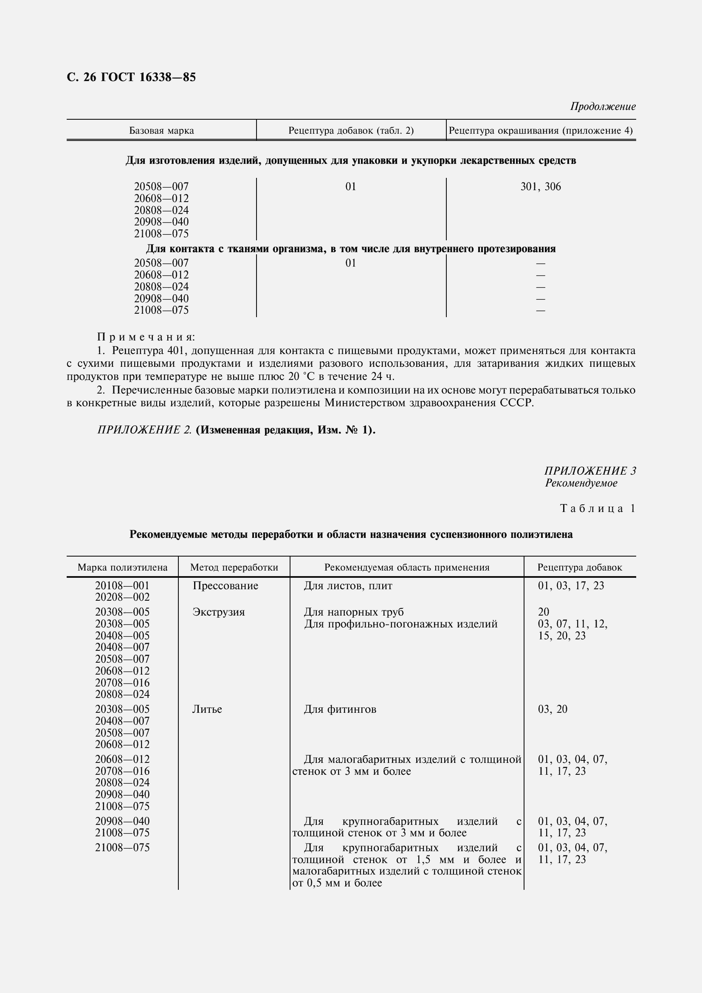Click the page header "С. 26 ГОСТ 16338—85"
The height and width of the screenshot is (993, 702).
(131, 77)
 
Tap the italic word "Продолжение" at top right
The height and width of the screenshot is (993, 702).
(603, 107)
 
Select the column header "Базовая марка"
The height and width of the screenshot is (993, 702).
(161, 131)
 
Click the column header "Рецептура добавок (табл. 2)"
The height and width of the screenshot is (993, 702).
(351, 131)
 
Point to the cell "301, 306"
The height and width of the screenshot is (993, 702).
(540, 187)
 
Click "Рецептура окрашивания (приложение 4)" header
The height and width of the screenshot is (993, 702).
(541, 131)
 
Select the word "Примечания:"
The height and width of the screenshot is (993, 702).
(146, 337)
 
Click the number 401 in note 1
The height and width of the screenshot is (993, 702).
(176, 350)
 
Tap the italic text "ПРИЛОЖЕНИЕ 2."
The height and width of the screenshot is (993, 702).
(144, 430)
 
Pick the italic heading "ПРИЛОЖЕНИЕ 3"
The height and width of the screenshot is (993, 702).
(590, 471)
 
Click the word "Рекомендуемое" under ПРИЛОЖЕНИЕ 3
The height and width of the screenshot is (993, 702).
(581, 483)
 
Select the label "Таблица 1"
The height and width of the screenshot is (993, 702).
(598, 509)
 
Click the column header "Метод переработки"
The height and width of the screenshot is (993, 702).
(234, 568)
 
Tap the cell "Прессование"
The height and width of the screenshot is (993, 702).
(226, 586)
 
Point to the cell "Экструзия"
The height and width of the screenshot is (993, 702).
(218, 612)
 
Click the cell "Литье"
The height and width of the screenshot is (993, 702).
(207, 709)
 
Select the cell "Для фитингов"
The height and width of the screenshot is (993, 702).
(340, 709)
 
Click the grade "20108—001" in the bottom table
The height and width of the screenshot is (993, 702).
(122, 586)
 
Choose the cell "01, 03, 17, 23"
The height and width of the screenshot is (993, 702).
(571, 586)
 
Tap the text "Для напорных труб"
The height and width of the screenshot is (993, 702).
(354, 612)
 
